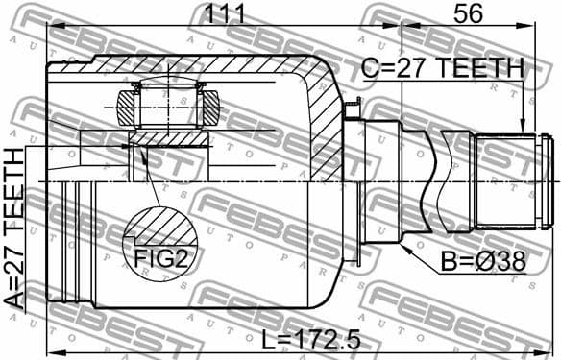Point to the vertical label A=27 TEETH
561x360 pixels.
click(16, 228)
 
